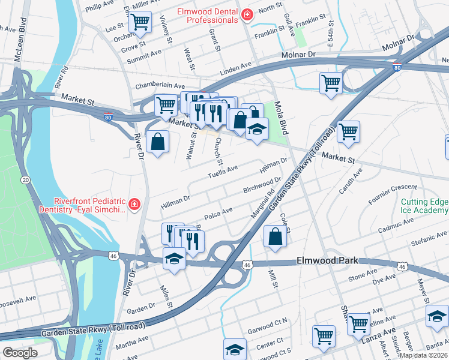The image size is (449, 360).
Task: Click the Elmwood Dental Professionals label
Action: [x=207, y=16]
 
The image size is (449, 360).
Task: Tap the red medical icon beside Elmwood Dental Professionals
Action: [x=246, y=15]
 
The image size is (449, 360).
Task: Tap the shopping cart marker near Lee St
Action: [x=140, y=22]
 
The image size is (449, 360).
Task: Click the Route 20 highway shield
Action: [x=25, y=179]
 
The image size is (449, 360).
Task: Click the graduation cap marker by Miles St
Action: [x=174, y=259]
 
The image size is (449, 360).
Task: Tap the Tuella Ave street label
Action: [x=223, y=172]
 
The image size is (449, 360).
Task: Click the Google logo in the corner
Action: [x=20, y=353]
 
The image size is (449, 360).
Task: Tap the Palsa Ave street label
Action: [x=219, y=212]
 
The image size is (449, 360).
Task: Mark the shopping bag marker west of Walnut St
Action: [x=157, y=142]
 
